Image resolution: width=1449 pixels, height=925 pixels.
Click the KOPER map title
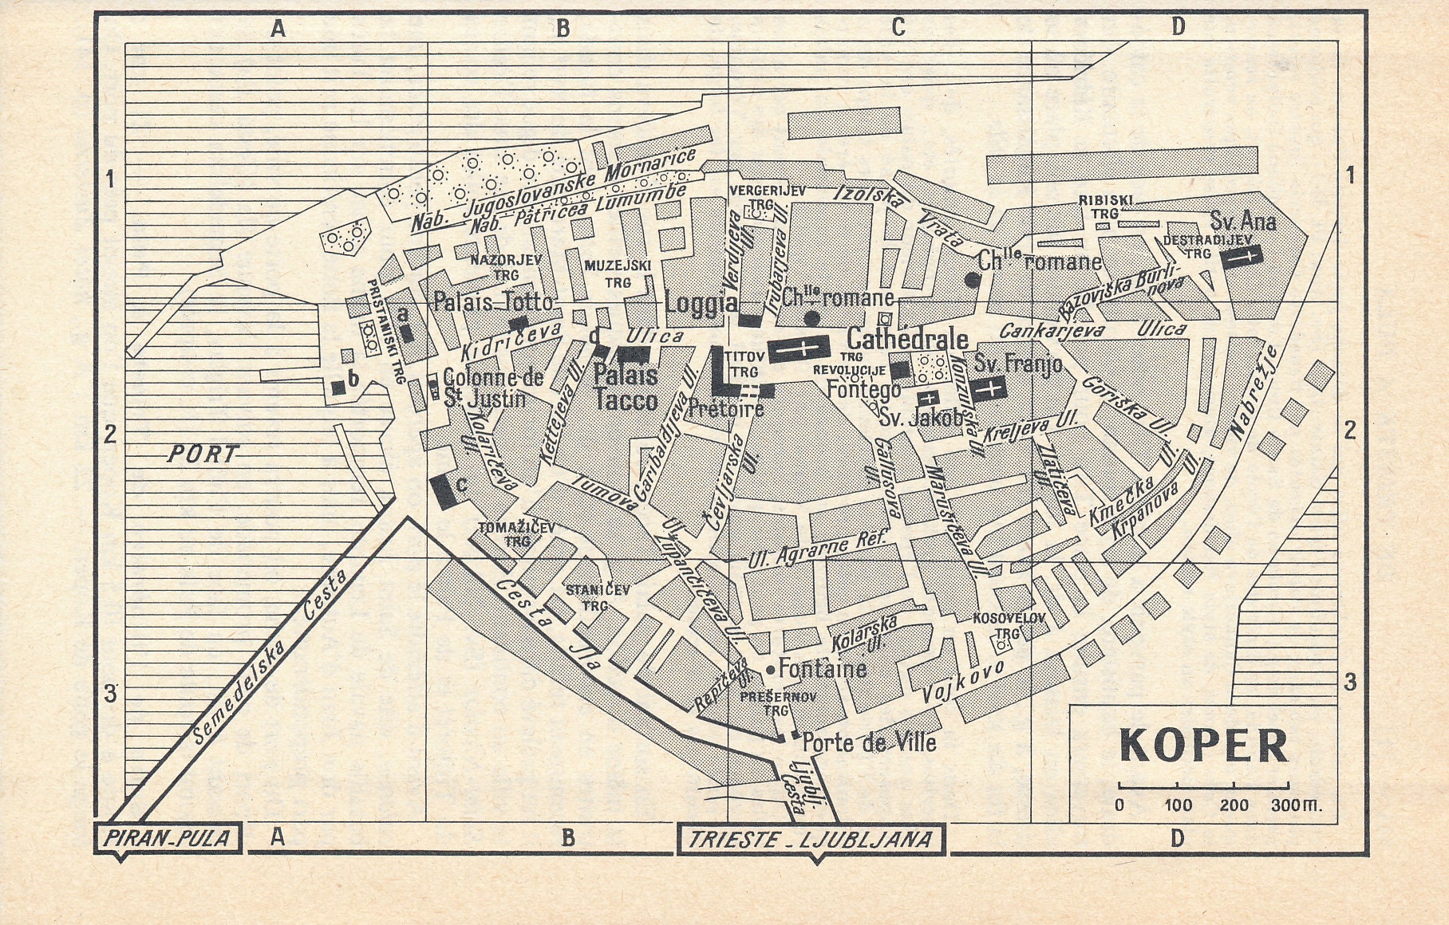coord(1203,745)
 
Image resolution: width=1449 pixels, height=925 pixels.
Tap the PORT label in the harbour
coord(203,455)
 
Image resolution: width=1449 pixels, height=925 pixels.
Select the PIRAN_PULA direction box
coord(168,838)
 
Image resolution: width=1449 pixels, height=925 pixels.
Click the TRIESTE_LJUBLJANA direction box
coord(811,839)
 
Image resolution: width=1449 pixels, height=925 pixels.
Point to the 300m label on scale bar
coord(1296,805)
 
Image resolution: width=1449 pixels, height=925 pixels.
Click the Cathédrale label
coord(907,339)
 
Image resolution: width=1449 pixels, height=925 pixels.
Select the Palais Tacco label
coord(626,388)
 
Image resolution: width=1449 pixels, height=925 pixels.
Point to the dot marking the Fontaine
coord(770,669)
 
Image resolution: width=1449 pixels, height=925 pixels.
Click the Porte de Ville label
coord(868,742)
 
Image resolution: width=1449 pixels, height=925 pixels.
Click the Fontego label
coord(863,389)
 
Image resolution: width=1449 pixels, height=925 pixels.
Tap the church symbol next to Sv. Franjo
coord(989,388)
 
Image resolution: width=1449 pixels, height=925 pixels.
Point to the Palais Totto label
coord(492,301)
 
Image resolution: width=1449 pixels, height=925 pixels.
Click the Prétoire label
coord(725,409)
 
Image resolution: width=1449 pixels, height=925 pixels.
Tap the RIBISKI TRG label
coord(1105,207)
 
